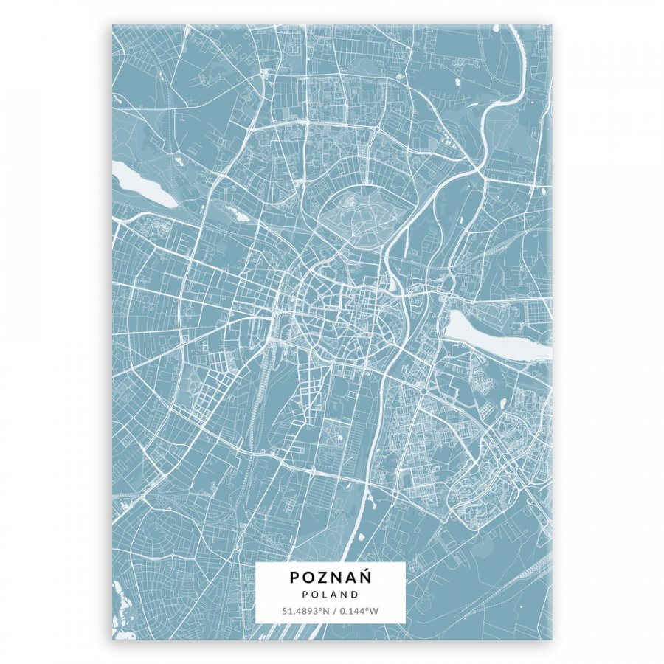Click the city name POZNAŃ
coord(331,578)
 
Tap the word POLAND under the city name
coord(331,594)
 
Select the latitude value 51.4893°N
coord(304,611)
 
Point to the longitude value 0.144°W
coord(360,611)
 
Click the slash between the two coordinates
coord(333,611)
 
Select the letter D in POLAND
coord(355,594)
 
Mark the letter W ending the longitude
coord(375,611)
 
